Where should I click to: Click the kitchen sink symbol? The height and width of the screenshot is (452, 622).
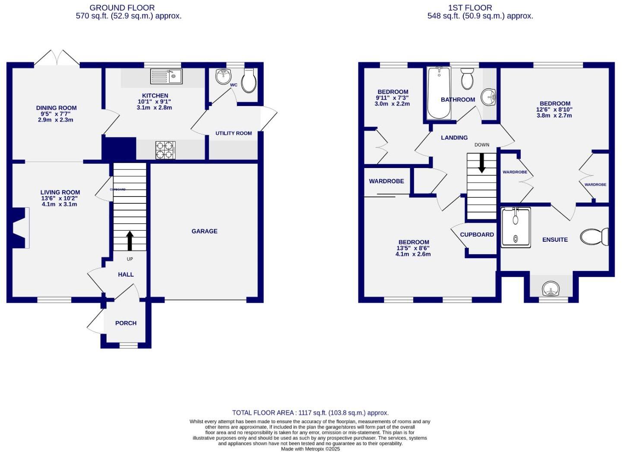click(x=166, y=77)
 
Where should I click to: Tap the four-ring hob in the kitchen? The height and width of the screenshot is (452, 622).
click(x=165, y=150)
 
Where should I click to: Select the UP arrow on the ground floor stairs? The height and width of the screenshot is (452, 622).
click(x=129, y=240)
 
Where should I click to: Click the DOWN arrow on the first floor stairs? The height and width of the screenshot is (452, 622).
click(x=481, y=163)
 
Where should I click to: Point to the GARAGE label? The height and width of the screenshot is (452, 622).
click(x=204, y=231)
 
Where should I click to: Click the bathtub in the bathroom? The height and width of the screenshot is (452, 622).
click(x=439, y=93)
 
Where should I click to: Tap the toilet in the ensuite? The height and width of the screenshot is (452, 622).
click(x=594, y=237)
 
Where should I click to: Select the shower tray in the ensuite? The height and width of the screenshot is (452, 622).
click(x=516, y=228)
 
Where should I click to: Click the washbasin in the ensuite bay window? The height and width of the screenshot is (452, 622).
click(x=551, y=289)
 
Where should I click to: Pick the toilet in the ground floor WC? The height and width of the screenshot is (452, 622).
click(x=249, y=81)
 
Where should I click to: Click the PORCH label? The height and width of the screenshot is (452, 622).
click(x=126, y=323)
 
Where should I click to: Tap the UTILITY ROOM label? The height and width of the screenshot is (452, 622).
click(x=234, y=134)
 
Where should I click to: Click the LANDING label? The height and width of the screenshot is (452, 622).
click(x=454, y=138)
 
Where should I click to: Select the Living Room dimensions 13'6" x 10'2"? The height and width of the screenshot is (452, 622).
click(x=60, y=199)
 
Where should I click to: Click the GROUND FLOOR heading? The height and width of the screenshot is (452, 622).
click(x=122, y=8)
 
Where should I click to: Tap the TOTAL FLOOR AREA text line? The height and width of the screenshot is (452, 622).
click(x=310, y=413)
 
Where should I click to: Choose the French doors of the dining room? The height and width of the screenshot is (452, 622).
click(x=57, y=59)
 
